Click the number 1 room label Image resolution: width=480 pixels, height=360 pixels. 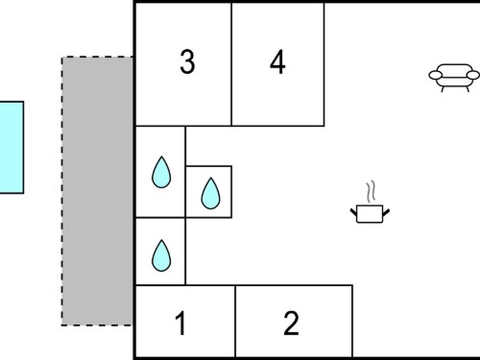pos(180,324)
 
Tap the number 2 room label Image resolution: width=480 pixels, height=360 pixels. pos(291,324)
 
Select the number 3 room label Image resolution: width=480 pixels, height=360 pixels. pos(187,61)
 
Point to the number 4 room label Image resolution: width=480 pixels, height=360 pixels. pos(277,61)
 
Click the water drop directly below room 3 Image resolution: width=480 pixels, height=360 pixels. pos(161,172)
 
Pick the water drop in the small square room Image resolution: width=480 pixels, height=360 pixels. pos(210,194)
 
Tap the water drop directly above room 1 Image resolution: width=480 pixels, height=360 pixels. pos(161,255)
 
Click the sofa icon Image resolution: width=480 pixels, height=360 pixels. pos(454,78)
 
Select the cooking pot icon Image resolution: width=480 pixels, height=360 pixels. pos(370,214)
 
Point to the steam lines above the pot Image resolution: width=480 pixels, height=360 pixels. pos(371,192)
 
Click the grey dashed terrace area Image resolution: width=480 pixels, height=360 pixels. pos(97,191)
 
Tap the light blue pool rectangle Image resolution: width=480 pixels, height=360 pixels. pos(12,148)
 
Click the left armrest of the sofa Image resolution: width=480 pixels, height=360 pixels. pos(435,75)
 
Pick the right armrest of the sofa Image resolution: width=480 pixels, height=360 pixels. pos(473,75)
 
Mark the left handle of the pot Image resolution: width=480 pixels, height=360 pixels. pos(353,212)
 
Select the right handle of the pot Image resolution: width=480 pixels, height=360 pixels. pos(386,212)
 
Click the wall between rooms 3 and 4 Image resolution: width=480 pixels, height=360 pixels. pos(231,64)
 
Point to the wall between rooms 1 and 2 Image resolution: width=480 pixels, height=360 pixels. pos(235,321)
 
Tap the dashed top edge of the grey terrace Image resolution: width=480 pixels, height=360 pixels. pos(97,57)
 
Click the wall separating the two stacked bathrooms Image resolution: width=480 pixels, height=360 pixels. pos(160,218)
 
